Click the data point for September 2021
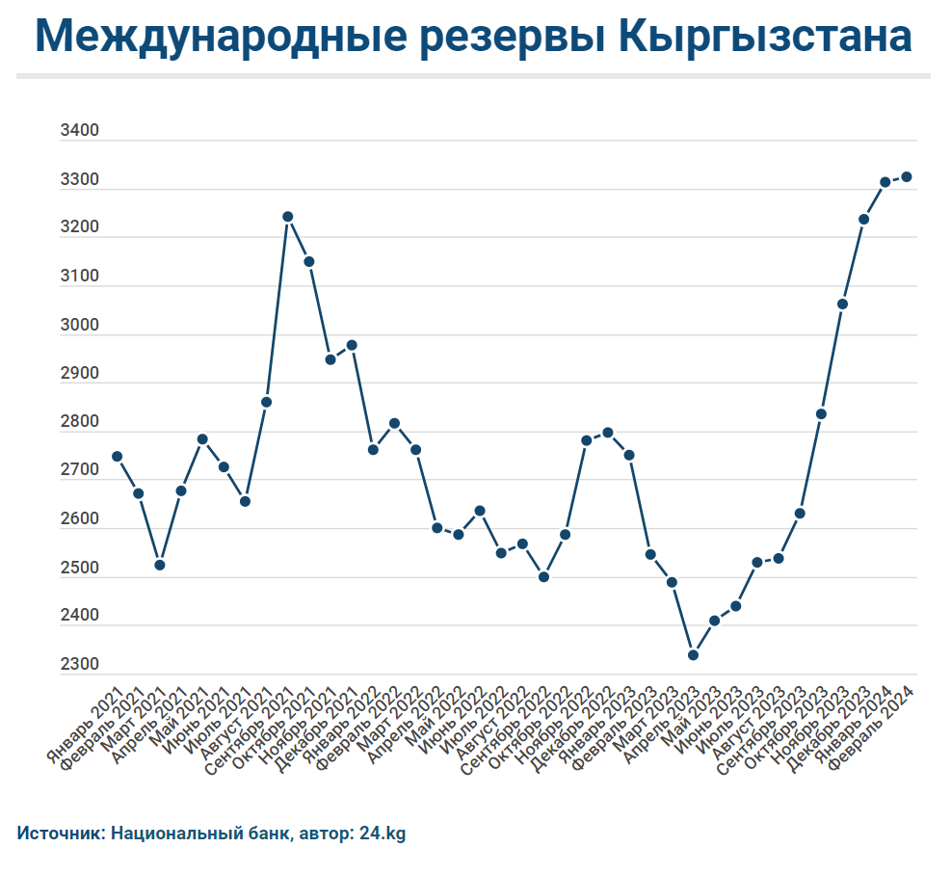pyautogui.click(x=288, y=217)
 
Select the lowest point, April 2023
pyautogui.click(x=693, y=655)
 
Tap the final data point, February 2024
pyautogui.click(x=907, y=177)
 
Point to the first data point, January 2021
pyautogui.click(x=118, y=457)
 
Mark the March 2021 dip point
pyautogui.click(x=160, y=566)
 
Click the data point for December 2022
pyautogui.click(x=608, y=433)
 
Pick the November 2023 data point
pyautogui.click(x=842, y=304)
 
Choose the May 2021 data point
pyautogui.click(x=202, y=439)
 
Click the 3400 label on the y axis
pyautogui.click(x=79, y=130)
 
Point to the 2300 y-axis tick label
pyautogui.click(x=79, y=664)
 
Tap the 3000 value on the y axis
pyautogui.click(x=79, y=325)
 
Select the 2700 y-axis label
pyautogui.click(x=79, y=470)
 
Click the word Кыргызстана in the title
pyautogui.click(x=767, y=37)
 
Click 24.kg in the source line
pyautogui.click(x=383, y=834)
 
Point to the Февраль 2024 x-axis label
pyautogui.click(x=872, y=728)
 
